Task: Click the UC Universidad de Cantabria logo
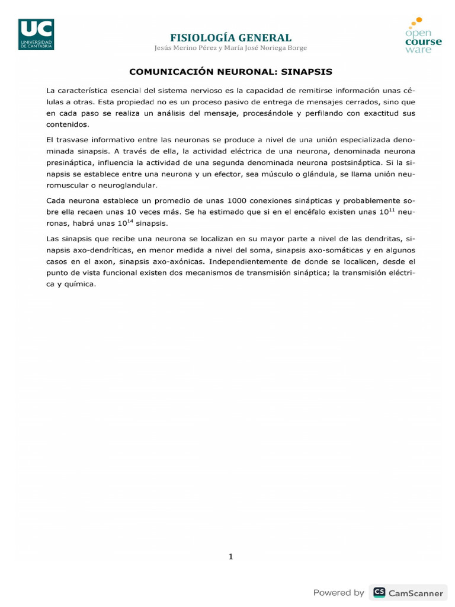(x=36, y=34)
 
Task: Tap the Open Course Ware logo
(x=423, y=36)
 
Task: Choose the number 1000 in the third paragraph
(x=236, y=200)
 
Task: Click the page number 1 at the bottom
(x=231, y=556)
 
